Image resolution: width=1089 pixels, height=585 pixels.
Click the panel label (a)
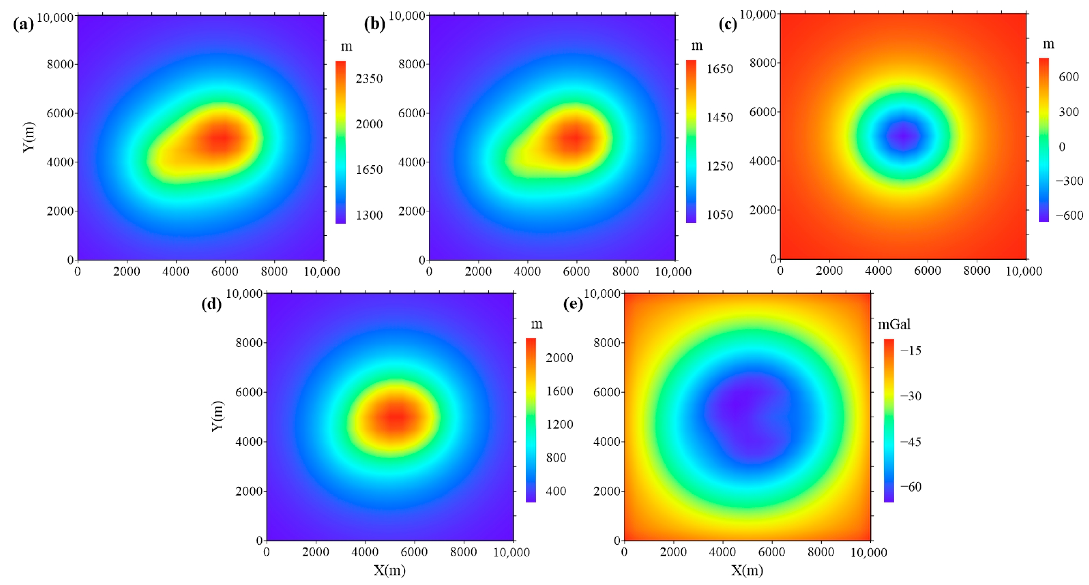coord(23,25)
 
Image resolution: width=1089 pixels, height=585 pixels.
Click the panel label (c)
coord(727,25)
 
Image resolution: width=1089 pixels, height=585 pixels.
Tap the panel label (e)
coord(573,304)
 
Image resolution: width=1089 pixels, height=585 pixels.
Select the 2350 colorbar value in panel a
coord(369,79)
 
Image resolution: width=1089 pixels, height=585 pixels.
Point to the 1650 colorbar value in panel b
coord(720,69)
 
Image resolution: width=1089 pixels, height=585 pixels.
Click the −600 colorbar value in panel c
coord(1069,215)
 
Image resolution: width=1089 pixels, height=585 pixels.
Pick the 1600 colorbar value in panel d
coord(559,391)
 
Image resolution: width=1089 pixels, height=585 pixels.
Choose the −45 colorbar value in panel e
coord(911,442)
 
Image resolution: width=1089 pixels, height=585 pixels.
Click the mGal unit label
coord(894,324)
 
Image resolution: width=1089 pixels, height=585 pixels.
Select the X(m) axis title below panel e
coord(747,571)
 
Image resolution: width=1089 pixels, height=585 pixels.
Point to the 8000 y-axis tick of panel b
coord(411,64)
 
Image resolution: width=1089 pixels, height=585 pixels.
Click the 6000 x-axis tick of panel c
coord(927,271)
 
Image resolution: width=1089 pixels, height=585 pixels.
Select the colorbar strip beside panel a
coord(340,142)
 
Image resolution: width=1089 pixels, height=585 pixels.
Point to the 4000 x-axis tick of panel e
coord(723,552)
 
